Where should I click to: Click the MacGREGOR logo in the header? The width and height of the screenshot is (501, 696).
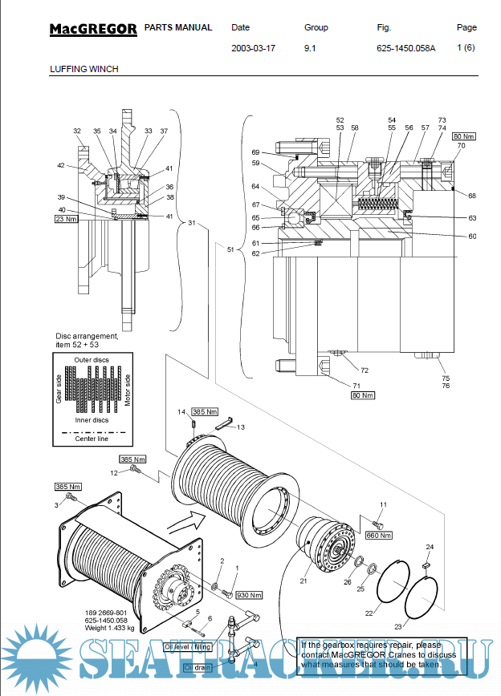(x=93, y=30)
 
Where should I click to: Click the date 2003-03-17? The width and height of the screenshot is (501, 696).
(x=253, y=47)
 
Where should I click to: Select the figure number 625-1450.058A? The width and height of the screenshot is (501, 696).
(x=405, y=47)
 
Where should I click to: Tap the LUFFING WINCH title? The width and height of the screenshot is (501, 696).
(x=83, y=69)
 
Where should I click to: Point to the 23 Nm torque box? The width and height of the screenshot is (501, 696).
(x=65, y=218)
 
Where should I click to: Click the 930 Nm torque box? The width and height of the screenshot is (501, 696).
(x=249, y=595)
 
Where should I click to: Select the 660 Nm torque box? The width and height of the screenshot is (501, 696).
(x=378, y=535)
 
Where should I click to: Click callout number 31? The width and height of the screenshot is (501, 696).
(x=191, y=223)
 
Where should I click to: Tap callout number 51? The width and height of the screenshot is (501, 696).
(x=230, y=249)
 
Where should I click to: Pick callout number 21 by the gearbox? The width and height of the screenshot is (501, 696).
(x=303, y=580)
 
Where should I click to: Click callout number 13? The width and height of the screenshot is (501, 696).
(x=240, y=427)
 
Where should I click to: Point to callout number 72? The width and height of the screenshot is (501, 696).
(x=364, y=370)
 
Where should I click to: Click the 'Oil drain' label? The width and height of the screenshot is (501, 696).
(x=198, y=667)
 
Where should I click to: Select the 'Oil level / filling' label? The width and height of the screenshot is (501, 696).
(x=186, y=646)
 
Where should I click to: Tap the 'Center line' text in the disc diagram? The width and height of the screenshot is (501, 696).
(x=92, y=439)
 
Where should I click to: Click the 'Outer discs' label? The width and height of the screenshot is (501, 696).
(x=91, y=360)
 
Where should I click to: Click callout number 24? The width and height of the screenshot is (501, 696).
(x=430, y=546)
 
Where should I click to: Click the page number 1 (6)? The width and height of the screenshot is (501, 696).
(x=466, y=47)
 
